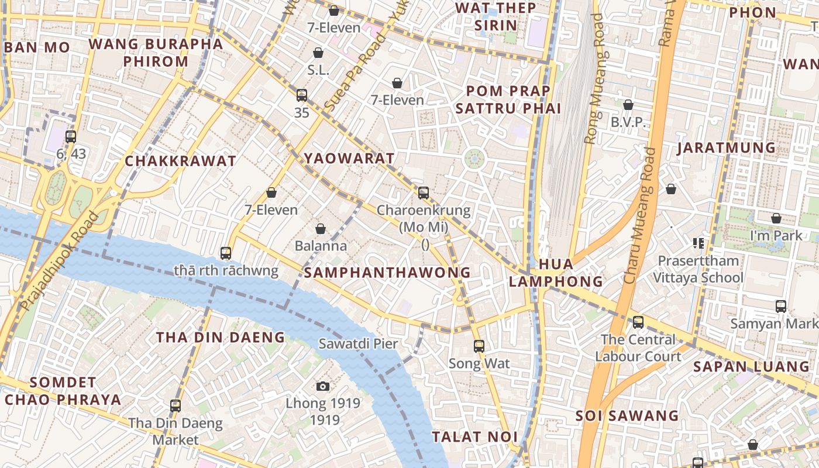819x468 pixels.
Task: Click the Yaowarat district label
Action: (349, 159)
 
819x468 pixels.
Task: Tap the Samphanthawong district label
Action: (387, 273)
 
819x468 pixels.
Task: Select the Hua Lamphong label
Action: (555, 273)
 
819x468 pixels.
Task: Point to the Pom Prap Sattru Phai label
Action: (508, 99)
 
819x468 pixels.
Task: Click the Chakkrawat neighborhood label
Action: (181, 161)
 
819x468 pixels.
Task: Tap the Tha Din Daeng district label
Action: (220, 338)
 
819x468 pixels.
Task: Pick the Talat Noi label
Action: (474, 436)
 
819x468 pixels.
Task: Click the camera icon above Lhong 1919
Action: (322, 386)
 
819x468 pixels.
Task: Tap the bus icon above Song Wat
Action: (479, 346)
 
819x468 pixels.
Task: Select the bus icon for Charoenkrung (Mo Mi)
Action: (424, 192)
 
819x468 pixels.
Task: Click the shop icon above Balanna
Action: (320, 229)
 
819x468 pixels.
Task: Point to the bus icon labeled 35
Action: (302, 95)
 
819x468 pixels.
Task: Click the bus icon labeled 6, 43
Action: (71, 137)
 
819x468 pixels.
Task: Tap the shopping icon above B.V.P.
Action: (628, 105)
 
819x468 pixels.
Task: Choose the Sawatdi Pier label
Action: (358, 343)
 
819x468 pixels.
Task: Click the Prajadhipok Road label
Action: (58, 261)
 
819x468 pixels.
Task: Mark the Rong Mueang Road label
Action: (594, 79)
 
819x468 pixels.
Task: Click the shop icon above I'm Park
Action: (776, 218)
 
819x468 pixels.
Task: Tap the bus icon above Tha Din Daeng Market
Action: (175, 405)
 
